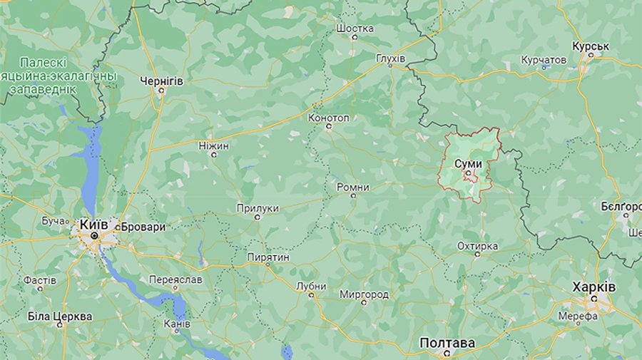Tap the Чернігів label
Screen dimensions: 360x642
coord(161,81)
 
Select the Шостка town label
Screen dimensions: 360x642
coord(355,29)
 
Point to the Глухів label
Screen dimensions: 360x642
coord(390,57)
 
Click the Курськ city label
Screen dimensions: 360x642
coord(591,46)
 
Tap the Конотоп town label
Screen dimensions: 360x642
coord(329,117)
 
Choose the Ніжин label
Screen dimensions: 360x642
coord(214,145)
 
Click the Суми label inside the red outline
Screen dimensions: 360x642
coord(468,163)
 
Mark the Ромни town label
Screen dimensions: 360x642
coord(353,187)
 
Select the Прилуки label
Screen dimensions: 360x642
coord(258,208)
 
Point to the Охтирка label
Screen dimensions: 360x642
coord(477,246)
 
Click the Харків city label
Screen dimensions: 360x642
coord(593,286)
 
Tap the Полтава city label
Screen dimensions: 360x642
coord(447,343)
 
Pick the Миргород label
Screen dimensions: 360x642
coord(364,294)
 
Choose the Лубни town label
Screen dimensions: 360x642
coord(311,286)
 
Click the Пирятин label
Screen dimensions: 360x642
coord(268,256)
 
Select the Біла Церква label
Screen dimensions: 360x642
coord(60,316)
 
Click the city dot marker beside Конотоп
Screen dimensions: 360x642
coord(329,127)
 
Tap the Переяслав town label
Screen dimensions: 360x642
coord(175,280)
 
